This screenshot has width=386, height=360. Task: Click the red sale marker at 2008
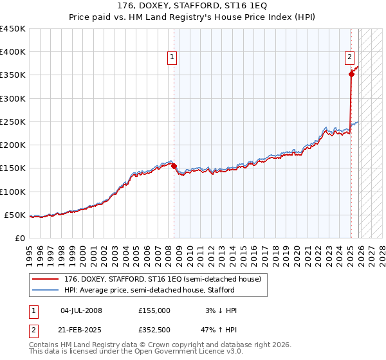tap(174, 166)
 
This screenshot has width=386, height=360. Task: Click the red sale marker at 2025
tap(351, 74)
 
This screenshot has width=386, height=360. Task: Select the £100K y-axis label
tap(13, 192)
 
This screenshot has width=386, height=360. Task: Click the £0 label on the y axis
tap(19, 238)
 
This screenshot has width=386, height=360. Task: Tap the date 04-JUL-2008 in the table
tap(81, 310)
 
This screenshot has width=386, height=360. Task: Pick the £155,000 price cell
tap(154, 310)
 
